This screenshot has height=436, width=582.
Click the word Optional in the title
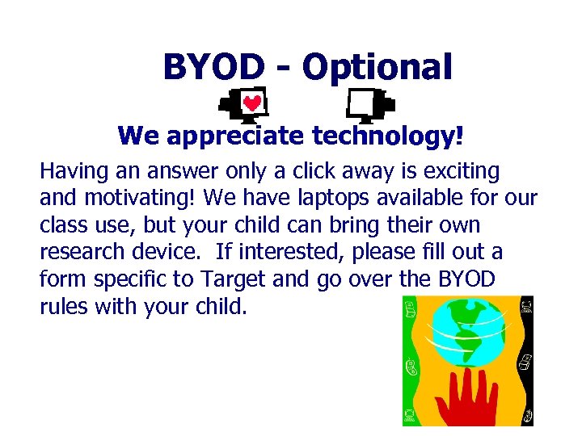(376, 68)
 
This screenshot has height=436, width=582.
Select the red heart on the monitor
(252, 104)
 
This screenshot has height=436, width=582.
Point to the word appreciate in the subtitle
(230, 136)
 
